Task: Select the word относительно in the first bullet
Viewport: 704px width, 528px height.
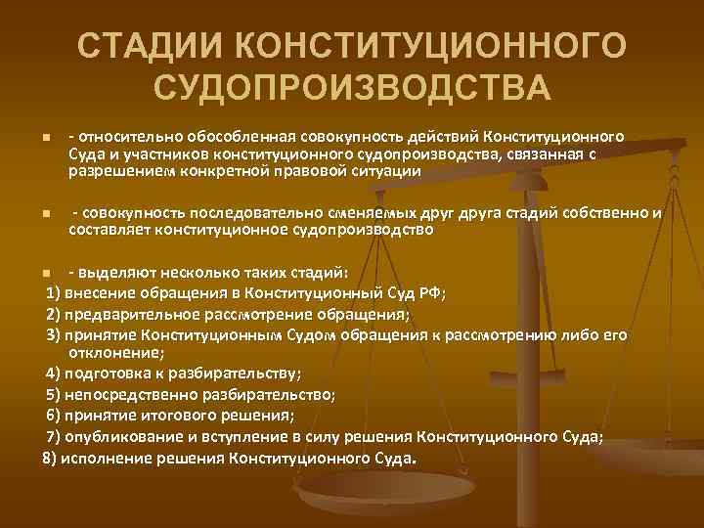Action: (x=123, y=137)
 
